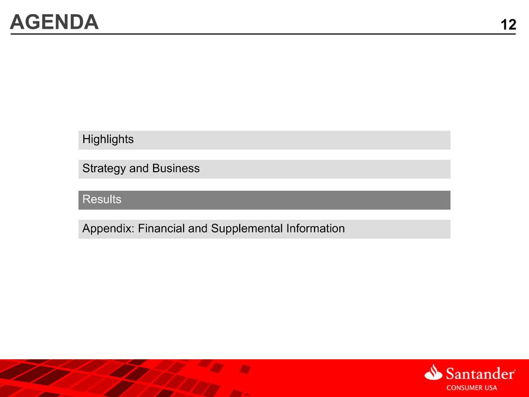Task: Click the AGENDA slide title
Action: [x=55, y=23]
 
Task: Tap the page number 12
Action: [x=508, y=25]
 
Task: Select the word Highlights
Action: [x=108, y=140]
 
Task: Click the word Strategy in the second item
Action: [x=104, y=168]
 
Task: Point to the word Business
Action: [x=176, y=168]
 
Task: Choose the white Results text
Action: [x=102, y=199]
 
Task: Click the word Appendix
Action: [x=108, y=229]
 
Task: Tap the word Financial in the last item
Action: [x=162, y=228]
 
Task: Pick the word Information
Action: [x=316, y=228]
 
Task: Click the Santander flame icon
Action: [x=433, y=372]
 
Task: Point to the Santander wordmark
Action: [x=480, y=374]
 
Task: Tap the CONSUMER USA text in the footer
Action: [x=472, y=388]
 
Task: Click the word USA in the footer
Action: [x=491, y=388]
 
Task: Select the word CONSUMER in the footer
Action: [x=464, y=388]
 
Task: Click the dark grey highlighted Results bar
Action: [x=264, y=200]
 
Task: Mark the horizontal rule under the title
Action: [x=263, y=34]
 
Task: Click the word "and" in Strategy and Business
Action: [x=139, y=168]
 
